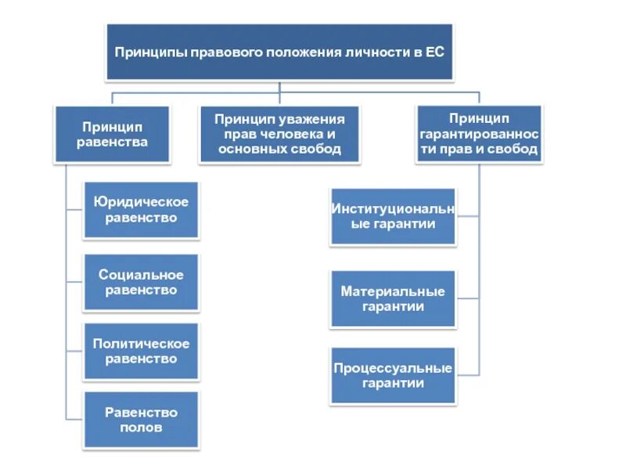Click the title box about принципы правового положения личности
279,52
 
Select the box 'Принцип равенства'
112,134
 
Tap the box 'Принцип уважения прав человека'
279,134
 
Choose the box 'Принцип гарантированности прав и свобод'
479,134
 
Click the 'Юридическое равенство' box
141,210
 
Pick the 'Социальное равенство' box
141,282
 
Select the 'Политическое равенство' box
141,351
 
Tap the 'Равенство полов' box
141,420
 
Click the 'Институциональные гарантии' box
393,217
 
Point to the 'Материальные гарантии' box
393,298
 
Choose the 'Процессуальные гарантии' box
393,375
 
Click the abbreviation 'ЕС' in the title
435,52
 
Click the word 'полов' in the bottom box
142,428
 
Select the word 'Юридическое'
141,202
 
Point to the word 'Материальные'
393,291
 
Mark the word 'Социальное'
141,275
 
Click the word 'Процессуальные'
393,368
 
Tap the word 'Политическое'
141,344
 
